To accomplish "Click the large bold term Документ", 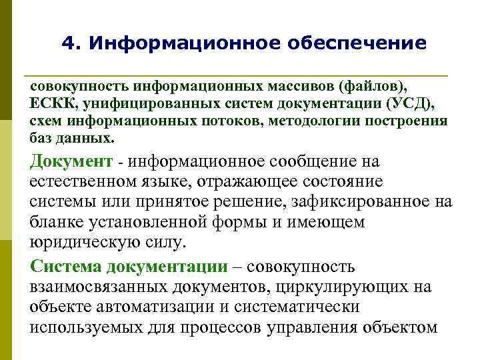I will [72, 162].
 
